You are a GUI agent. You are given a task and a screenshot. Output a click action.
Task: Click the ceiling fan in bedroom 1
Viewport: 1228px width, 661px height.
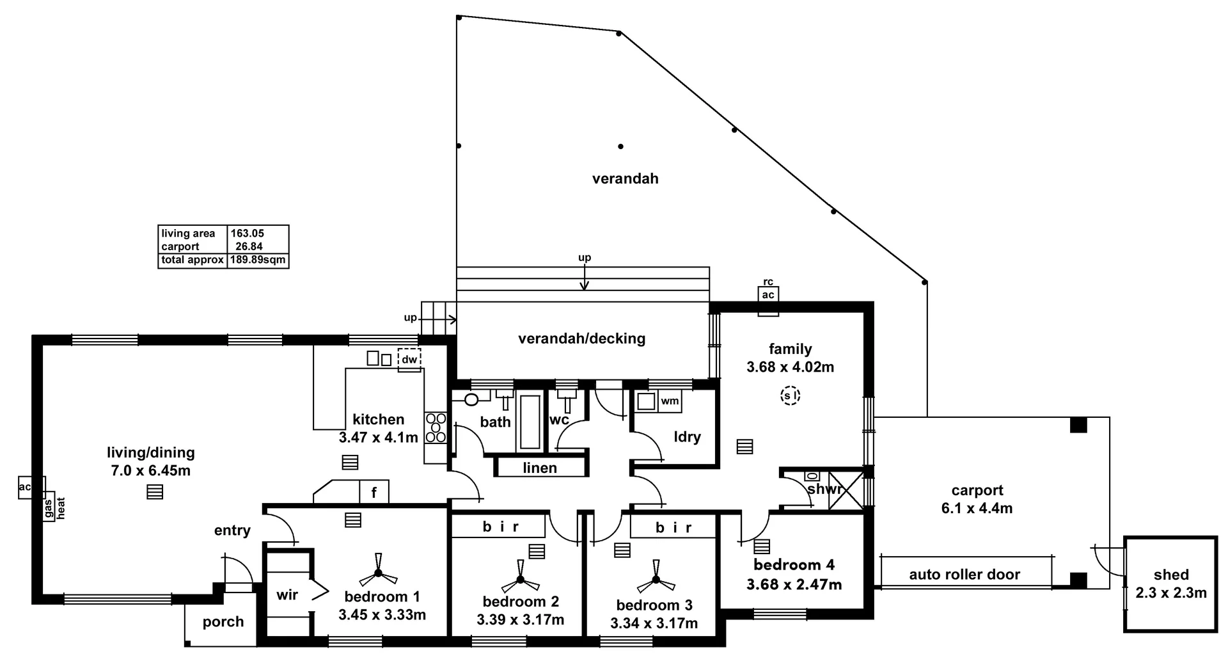[x=378, y=573]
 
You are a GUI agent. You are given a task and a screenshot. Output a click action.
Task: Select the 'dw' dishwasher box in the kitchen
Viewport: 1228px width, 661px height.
[x=409, y=360]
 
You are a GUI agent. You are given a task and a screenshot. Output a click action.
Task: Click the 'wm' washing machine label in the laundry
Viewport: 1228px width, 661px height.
[x=670, y=401]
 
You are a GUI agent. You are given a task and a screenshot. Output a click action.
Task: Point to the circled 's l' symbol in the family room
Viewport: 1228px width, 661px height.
[x=791, y=396]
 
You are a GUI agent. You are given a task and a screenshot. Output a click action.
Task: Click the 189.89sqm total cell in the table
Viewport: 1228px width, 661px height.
[x=258, y=260]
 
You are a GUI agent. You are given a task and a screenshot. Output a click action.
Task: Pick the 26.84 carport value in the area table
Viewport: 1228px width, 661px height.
[x=249, y=246]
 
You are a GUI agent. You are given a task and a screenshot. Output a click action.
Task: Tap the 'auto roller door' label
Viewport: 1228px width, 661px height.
[x=964, y=575]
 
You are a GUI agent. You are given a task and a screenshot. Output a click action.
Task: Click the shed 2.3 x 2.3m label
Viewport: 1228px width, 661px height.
[x=1171, y=584]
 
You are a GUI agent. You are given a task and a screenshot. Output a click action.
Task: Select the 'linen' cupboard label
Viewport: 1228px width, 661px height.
[x=540, y=468]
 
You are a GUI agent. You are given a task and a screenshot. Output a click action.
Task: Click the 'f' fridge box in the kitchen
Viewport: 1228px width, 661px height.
[x=374, y=493]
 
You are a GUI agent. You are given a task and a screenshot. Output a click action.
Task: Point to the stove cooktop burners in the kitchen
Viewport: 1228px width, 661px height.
[x=436, y=428]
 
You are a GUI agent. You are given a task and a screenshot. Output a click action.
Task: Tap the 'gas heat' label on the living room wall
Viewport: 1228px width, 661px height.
[x=54, y=507]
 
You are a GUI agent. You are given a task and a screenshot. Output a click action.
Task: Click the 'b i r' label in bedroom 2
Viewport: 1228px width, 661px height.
[x=500, y=527]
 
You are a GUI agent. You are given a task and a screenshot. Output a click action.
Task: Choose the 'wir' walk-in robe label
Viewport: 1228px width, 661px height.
[x=287, y=594]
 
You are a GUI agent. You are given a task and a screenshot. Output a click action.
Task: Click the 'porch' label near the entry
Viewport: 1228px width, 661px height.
[x=223, y=621]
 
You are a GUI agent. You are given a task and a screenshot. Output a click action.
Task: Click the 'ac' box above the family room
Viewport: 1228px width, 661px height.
[x=768, y=294]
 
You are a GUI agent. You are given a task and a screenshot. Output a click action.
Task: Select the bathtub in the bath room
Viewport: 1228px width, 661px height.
[x=530, y=422]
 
